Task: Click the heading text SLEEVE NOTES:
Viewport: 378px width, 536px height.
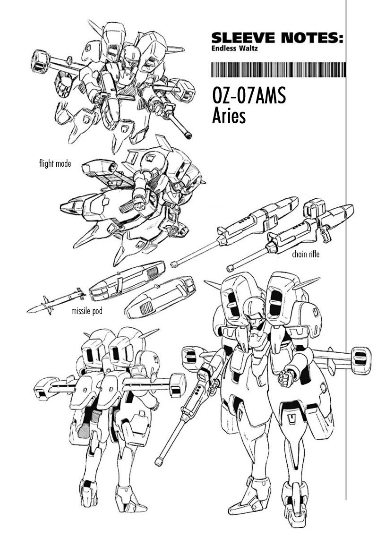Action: (277, 38)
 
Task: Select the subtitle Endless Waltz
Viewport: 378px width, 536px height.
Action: (234, 48)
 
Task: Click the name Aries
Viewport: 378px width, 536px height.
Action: (229, 116)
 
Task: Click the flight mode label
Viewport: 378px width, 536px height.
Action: (55, 163)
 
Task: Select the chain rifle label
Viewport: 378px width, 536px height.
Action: (306, 254)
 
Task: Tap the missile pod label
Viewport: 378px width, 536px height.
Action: (86, 311)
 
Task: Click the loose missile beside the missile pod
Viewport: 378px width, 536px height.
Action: (56, 300)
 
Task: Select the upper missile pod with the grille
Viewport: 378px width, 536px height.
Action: (127, 281)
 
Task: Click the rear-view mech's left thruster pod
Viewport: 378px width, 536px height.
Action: (46, 388)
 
